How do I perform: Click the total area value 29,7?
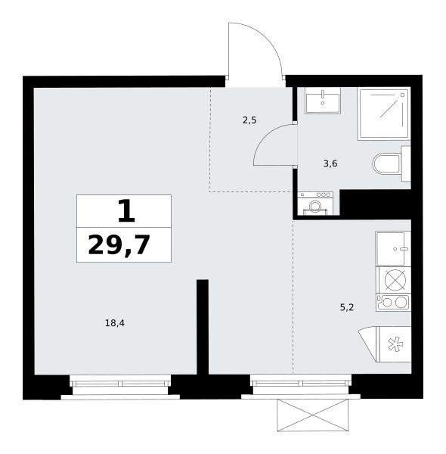click(119, 245)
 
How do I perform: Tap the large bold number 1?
click(126, 211)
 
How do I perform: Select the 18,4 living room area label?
click(115, 323)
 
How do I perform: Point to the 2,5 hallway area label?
click(249, 120)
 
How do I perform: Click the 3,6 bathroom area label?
click(330, 164)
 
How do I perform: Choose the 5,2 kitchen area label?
click(347, 307)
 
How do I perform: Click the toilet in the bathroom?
click(391, 164)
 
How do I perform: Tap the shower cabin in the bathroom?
click(384, 113)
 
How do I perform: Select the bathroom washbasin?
click(323, 101)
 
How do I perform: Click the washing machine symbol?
click(315, 204)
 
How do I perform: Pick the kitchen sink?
click(393, 249)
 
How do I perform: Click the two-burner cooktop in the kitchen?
click(393, 303)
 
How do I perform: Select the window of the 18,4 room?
click(120, 384)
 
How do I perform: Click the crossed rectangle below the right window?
click(313, 415)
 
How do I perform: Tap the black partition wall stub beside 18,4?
click(203, 327)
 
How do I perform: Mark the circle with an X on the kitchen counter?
click(395, 280)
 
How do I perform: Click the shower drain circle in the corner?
click(402, 95)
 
